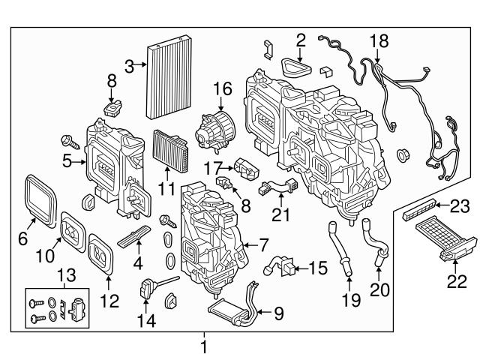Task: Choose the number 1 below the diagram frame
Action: (x=202, y=346)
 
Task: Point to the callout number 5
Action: (x=67, y=160)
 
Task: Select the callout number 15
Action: (x=318, y=266)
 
